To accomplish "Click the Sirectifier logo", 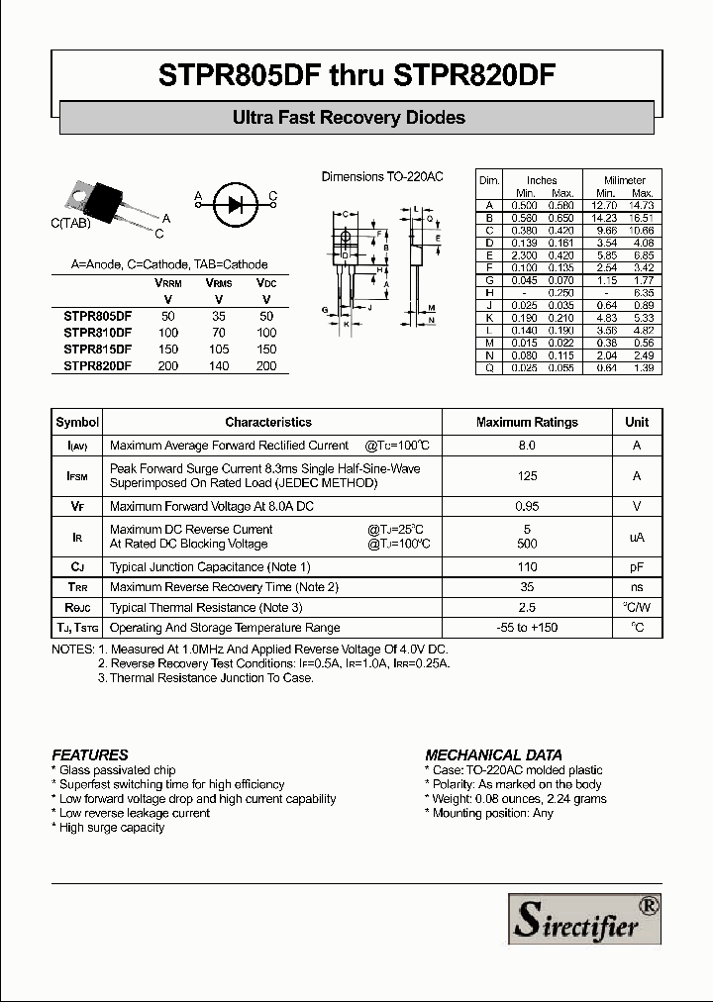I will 584,918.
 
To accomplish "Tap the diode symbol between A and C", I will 235,205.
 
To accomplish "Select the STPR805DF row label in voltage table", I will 97,314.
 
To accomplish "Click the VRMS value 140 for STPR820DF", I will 219,366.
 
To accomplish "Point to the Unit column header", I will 637,422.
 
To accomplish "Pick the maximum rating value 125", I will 527,476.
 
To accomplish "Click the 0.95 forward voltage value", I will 527,506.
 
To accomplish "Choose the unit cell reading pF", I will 637,567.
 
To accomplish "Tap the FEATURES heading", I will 90,754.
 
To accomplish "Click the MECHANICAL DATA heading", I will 493,754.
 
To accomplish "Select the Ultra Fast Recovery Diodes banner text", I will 349,118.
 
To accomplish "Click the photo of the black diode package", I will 102,200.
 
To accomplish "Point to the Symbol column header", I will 77,422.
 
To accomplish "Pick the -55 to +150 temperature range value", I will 527,628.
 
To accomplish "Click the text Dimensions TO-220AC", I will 382,176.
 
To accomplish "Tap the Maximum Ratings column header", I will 527,422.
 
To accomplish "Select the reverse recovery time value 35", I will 527,587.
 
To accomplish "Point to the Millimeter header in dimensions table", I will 626,180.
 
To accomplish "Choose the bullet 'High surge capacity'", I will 112,828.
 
